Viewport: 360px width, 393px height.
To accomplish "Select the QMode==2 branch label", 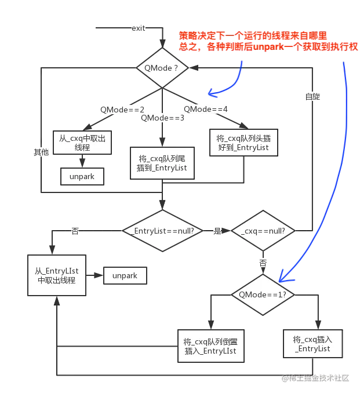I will (122, 109).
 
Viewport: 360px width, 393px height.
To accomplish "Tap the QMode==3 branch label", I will (163, 118).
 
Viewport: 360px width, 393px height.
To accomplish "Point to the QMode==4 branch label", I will (206, 109).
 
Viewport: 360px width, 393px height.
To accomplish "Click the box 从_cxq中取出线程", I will (82, 143).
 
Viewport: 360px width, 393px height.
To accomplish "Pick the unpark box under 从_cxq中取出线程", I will (82, 176).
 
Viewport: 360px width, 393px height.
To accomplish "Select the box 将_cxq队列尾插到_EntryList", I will (162, 163).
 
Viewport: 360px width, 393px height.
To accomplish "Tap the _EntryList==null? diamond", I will (163, 231).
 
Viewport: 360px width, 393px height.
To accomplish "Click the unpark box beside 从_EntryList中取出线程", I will (125, 275).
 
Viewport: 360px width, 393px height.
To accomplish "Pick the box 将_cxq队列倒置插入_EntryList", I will (210, 346).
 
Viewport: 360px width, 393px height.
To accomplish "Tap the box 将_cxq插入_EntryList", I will (312, 344).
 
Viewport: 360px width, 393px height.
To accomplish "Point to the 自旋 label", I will (312, 97).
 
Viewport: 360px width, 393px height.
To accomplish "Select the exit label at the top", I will (139, 28).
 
